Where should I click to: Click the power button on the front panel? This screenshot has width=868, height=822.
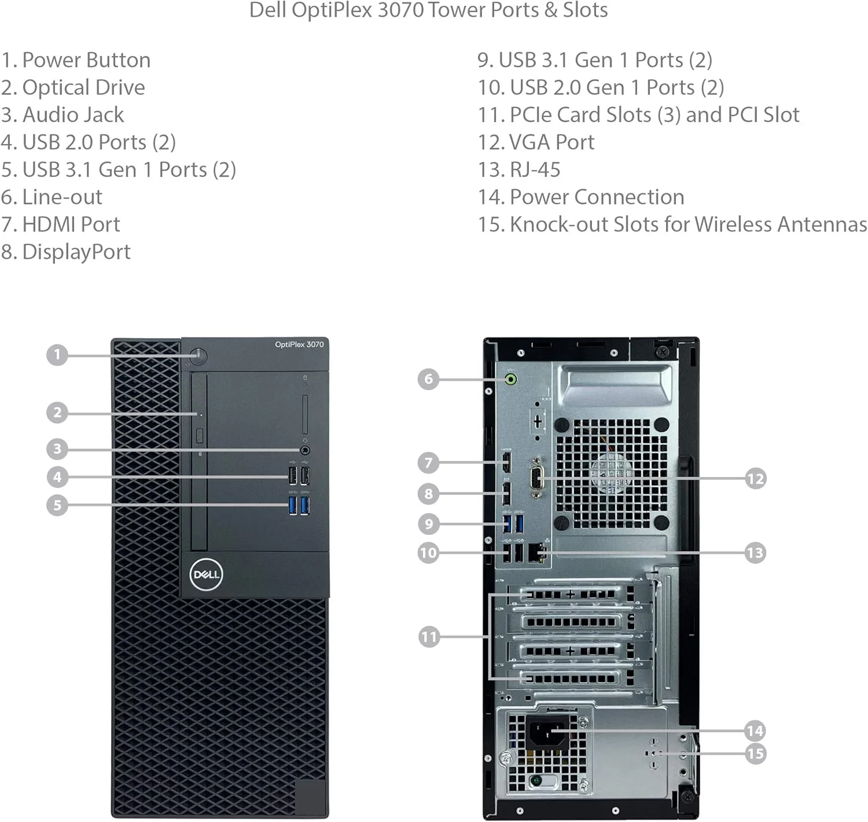click(x=198, y=355)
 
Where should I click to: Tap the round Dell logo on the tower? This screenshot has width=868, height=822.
click(x=206, y=574)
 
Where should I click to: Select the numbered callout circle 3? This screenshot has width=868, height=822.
click(x=57, y=449)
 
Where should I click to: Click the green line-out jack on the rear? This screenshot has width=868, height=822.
click(x=511, y=380)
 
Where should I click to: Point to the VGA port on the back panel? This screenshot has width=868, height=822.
click(x=537, y=478)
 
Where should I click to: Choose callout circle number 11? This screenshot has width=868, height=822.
click(x=429, y=637)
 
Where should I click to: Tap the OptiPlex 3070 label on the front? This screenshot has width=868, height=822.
click(x=299, y=344)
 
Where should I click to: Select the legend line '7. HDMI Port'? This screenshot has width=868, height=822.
click(x=61, y=225)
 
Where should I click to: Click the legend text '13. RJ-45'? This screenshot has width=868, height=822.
click(x=519, y=170)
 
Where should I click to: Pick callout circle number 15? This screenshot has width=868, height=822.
click(x=755, y=754)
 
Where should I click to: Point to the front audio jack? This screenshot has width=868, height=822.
click(x=305, y=450)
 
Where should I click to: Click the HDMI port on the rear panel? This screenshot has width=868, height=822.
click(x=506, y=462)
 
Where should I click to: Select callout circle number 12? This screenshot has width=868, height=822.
click(x=755, y=479)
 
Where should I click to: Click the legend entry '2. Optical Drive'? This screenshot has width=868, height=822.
click(x=73, y=87)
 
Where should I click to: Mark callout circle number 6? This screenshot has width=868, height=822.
click(x=428, y=379)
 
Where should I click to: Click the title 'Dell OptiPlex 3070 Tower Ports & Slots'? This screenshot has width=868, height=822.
click(x=428, y=10)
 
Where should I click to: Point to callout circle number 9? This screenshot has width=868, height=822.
click(x=429, y=524)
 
